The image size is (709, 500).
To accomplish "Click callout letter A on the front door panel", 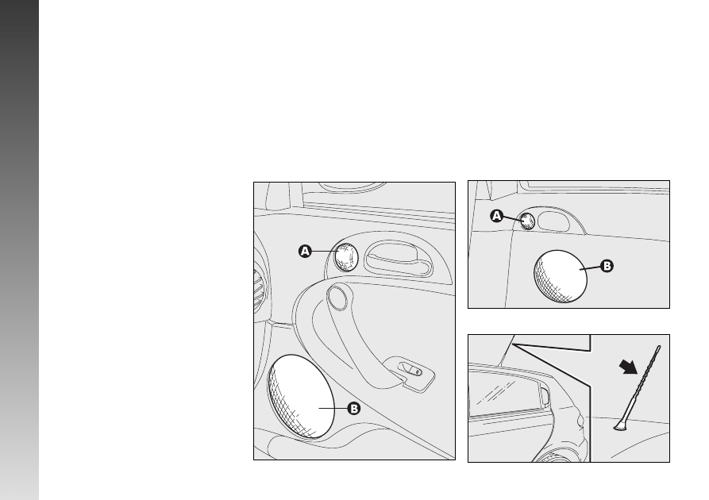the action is click(305, 251).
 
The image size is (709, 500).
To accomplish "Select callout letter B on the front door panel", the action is click(353, 409).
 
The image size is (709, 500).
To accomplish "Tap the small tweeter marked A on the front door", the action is click(346, 257).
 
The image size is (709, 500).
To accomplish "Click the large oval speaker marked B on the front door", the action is click(301, 397).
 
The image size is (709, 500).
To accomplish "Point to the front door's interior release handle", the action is click(398, 258).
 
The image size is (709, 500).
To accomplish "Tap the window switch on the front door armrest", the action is click(411, 369).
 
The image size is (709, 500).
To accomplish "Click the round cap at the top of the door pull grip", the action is click(337, 297).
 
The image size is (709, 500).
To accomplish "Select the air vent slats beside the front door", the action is click(259, 290).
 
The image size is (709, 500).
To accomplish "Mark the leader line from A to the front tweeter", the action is click(323, 251).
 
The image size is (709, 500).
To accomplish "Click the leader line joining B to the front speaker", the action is click(333, 408).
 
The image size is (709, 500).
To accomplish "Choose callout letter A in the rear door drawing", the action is click(496, 216).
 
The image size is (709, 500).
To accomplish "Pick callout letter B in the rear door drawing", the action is click(607, 266).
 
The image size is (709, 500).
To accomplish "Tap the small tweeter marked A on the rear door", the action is click(526, 221).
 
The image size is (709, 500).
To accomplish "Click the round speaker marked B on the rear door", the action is click(561, 276).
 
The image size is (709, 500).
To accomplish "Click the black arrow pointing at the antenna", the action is click(629, 366).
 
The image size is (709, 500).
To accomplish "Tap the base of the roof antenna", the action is click(620, 425).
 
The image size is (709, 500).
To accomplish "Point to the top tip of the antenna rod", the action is click(659, 347).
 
